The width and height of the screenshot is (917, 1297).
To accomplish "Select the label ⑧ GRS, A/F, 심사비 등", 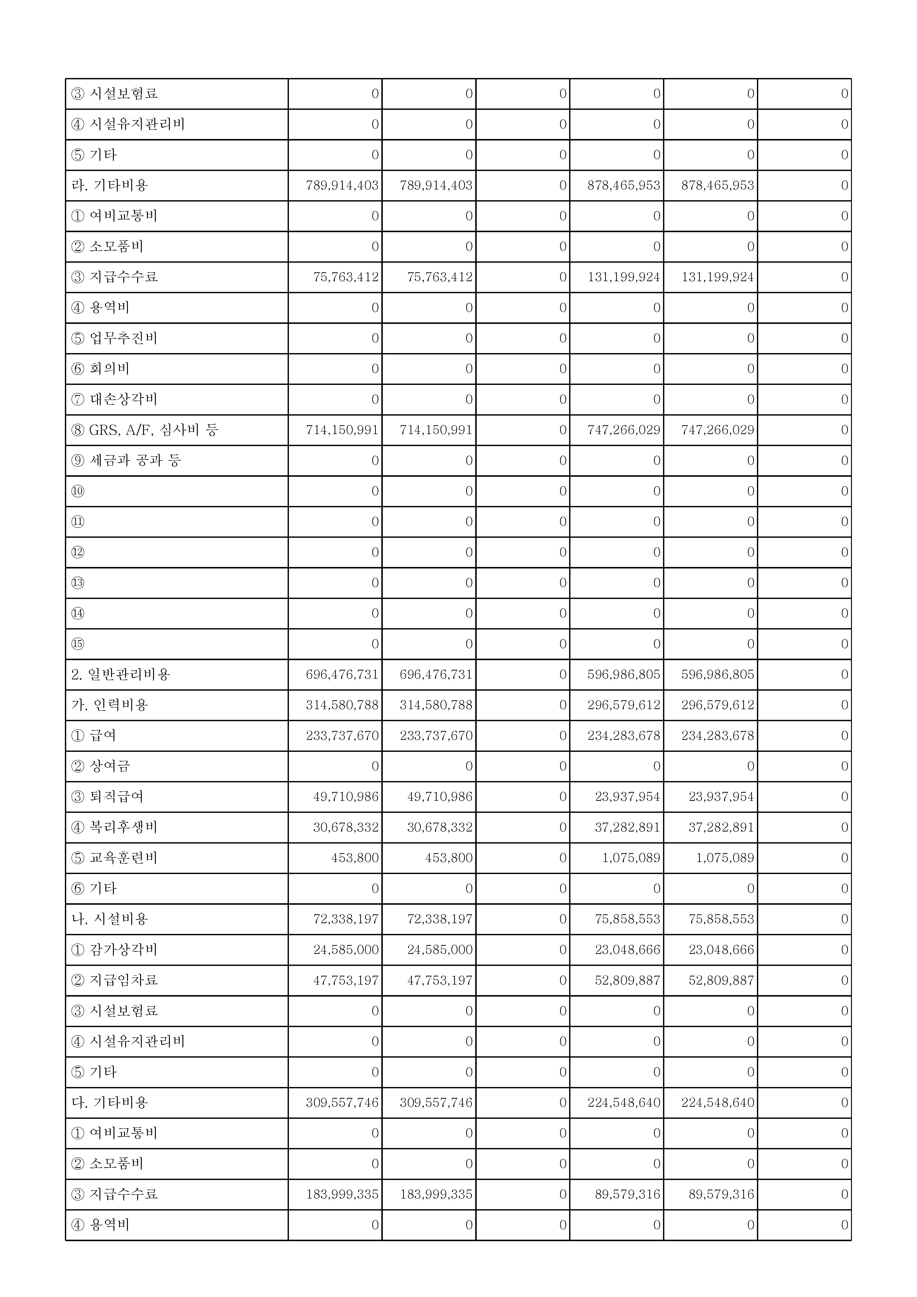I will click(145, 430).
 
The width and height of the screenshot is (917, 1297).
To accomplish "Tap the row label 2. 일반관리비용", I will click(121, 675).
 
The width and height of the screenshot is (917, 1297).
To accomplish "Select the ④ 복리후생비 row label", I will click(114, 827).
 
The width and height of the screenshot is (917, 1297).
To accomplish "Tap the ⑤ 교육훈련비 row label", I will click(114, 858).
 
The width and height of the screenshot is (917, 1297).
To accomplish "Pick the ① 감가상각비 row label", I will click(114, 950).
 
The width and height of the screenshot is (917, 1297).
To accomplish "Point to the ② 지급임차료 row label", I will click(114, 980).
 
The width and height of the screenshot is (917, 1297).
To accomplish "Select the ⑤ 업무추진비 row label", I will click(114, 338).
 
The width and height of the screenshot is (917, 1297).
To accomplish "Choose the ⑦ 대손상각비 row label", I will click(114, 399).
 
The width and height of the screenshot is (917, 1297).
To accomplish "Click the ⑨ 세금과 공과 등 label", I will click(126, 460).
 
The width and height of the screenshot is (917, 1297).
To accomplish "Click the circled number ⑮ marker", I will click(78, 644).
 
